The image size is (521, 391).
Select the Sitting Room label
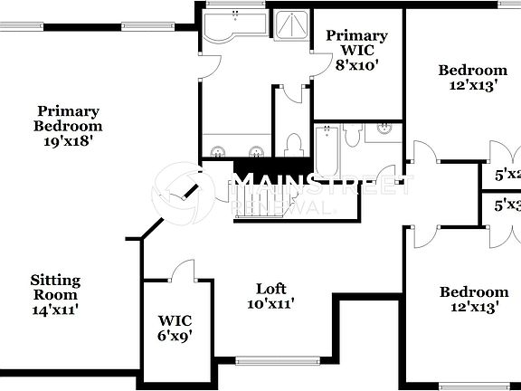(55, 287)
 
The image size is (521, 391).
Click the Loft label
(270, 289)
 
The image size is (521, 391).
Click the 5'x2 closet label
(507, 174)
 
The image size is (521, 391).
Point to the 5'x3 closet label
(507, 205)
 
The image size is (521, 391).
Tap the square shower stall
(291, 29)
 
